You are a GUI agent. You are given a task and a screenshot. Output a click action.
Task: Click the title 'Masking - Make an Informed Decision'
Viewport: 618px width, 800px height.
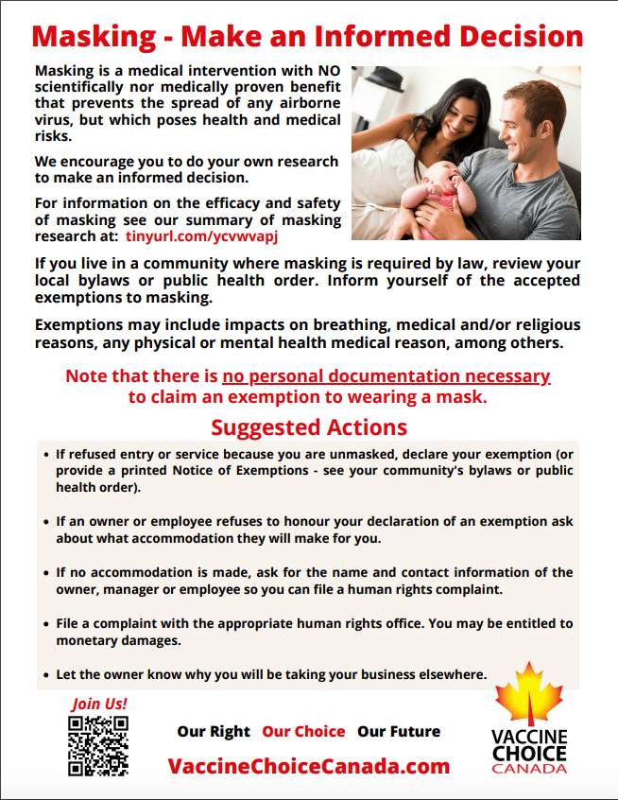[308, 37]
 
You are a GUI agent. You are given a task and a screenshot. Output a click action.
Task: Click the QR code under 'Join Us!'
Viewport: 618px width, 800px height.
[98, 745]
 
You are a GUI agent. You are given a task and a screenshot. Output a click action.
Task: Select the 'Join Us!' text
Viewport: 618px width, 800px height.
[98, 704]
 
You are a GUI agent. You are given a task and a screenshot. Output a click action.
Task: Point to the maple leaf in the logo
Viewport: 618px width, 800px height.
[529, 695]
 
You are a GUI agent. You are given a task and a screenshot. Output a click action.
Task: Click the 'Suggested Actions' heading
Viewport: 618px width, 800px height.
[309, 426]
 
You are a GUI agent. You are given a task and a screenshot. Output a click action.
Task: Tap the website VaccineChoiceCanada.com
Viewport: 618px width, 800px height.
[309, 766]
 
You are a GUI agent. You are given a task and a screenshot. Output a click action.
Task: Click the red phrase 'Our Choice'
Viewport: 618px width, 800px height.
[303, 731]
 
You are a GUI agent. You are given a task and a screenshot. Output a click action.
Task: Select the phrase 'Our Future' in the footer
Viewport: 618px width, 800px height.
[399, 731]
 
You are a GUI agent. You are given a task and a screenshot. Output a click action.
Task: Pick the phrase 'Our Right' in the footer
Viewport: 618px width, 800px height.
[214, 731]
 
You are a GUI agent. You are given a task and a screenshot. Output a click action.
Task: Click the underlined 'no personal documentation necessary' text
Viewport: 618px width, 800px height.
[386, 376]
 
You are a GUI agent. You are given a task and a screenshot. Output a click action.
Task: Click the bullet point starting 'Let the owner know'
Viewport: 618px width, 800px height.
[270, 674]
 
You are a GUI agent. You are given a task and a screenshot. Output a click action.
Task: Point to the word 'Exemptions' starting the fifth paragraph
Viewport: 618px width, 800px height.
[74, 325]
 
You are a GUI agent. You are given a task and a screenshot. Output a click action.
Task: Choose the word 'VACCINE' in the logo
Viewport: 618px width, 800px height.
[529, 737]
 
